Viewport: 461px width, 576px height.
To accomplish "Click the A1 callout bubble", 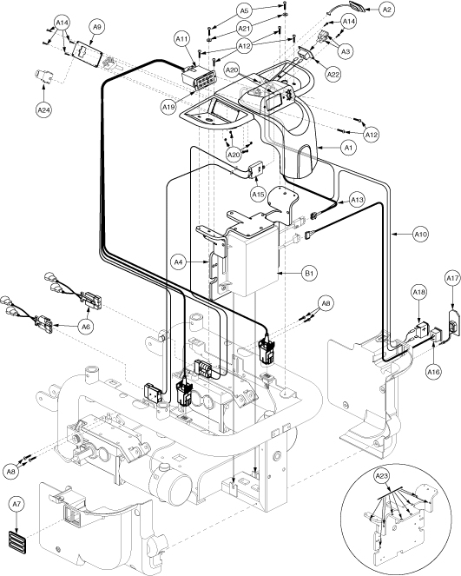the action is (348, 148).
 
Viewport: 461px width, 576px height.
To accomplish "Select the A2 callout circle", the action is (386, 10).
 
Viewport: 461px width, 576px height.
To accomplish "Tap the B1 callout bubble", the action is (309, 274).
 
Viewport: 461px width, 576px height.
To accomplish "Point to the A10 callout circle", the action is (420, 234).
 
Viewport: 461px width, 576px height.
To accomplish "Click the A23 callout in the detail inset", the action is (382, 476).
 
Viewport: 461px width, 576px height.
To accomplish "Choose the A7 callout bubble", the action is (16, 505).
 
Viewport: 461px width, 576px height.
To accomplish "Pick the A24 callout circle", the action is (43, 109).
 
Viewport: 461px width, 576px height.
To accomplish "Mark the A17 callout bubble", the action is (452, 279).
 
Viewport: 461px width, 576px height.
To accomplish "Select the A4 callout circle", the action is (178, 262).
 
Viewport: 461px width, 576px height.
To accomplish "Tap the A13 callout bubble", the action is (357, 200).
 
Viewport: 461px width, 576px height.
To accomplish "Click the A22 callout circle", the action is (333, 74).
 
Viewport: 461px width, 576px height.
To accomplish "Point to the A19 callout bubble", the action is (168, 107).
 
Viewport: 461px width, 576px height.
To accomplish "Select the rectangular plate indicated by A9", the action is (89, 55).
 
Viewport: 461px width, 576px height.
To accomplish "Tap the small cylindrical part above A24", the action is (44, 76).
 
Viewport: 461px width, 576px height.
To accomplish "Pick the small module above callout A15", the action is (257, 169).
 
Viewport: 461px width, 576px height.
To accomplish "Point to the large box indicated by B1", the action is (253, 257).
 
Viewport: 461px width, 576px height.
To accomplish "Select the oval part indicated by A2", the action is (354, 7).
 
